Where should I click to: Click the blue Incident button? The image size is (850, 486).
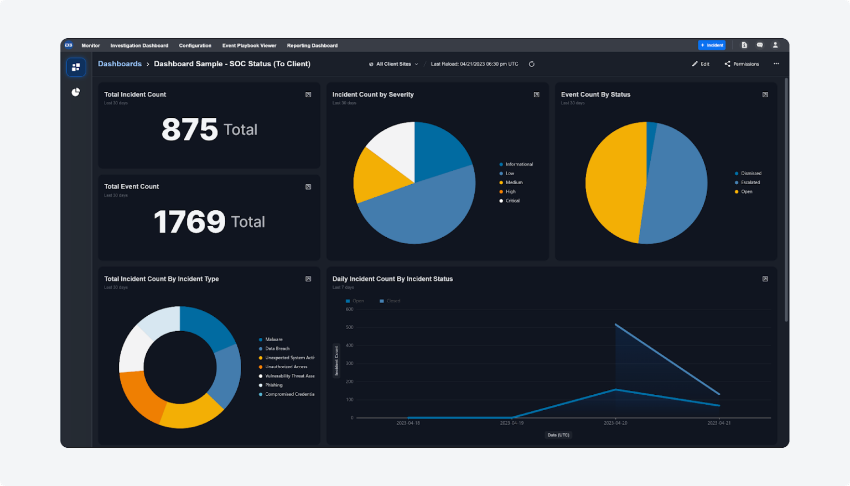tap(712, 45)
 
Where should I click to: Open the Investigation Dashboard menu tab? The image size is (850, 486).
tap(139, 46)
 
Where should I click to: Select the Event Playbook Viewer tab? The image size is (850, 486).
tap(249, 46)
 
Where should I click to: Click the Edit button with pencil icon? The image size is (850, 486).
tap(701, 64)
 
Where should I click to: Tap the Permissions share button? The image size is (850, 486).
tap(742, 64)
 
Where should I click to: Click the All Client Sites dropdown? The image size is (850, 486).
tap(393, 64)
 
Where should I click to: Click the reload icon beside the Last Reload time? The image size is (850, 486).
tap(531, 64)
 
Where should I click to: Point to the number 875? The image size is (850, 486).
tap(189, 130)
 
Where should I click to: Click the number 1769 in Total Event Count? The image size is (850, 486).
tap(189, 222)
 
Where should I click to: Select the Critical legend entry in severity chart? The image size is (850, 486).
tap(512, 201)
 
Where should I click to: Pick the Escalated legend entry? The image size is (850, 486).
tap(750, 182)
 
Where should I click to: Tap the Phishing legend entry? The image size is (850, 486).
tap(273, 385)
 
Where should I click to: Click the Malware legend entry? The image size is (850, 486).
tap(273, 339)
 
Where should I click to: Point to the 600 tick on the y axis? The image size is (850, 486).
tap(349, 309)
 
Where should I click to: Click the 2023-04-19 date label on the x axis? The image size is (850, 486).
tap(511, 424)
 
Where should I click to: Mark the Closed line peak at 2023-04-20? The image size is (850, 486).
tap(615, 325)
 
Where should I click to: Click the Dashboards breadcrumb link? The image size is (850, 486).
tap(120, 64)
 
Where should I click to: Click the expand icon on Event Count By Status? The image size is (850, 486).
tap(765, 95)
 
